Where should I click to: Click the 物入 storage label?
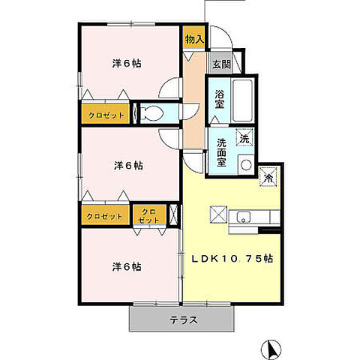click(194, 38)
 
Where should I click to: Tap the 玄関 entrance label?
click(220, 64)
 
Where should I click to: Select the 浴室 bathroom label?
click(220, 100)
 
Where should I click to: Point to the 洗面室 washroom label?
click(222, 151)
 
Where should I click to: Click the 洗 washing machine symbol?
click(244, 138)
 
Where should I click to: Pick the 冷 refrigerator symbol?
click(268, 178)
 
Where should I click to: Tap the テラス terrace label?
click(183, 319)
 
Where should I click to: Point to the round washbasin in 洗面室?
click(244, 164)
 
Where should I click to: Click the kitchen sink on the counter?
click(243, 218)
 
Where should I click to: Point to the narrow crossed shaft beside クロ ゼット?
click(175, 215)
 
